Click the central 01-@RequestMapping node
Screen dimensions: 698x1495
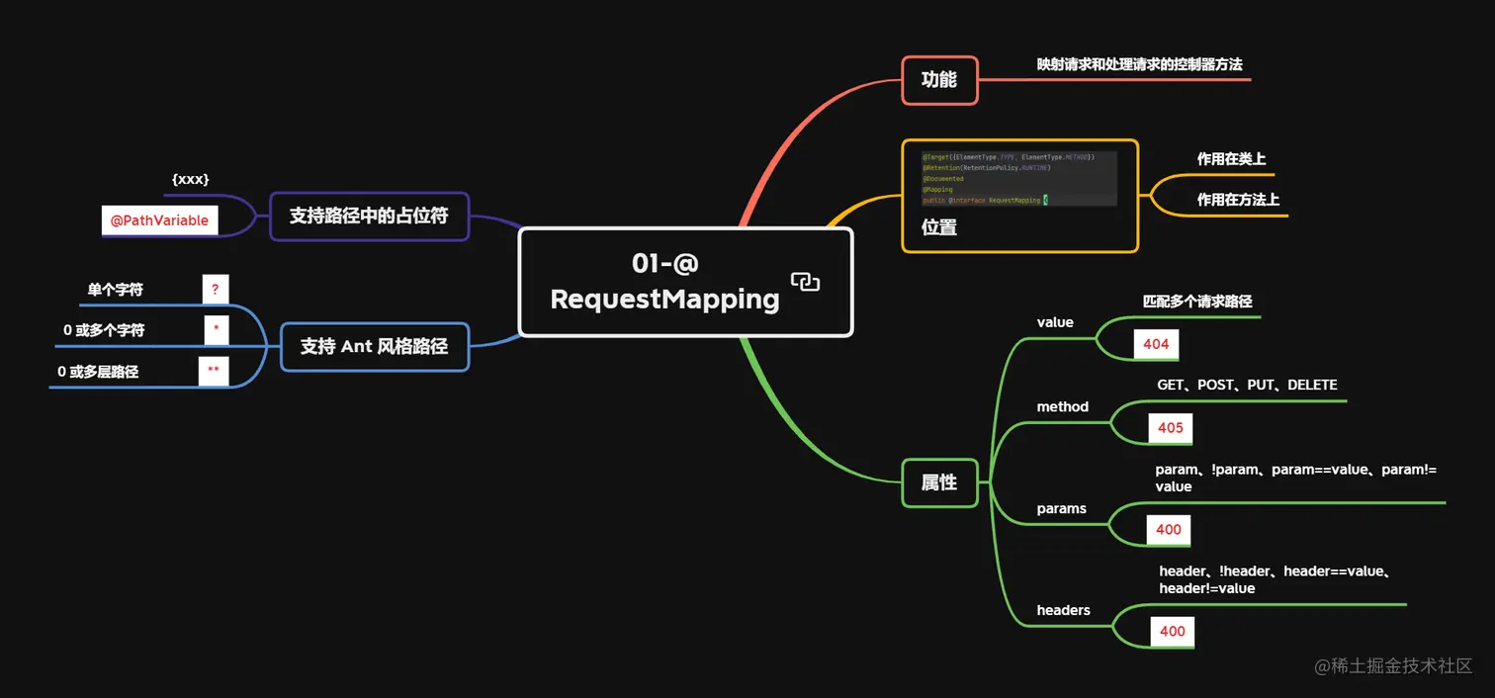coord(664,282)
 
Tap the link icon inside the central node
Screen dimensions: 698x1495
coord(805,282)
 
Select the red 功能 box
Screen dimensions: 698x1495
coord(939,80)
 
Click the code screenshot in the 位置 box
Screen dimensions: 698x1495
coord(1018,178)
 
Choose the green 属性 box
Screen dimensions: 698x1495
coord(939,482)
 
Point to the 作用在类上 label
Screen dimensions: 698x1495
coord(1231,159)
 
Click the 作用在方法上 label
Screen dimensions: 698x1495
coord(1238,200)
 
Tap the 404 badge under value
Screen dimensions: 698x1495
coord(1156,344)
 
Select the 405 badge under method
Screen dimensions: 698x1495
coord(1170,428)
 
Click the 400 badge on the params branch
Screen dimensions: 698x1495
coord(1169,529)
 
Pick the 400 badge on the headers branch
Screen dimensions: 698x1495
coord(1172,631)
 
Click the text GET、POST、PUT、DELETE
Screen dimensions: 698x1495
coord(1247,385)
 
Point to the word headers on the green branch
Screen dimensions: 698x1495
coord(1063,610)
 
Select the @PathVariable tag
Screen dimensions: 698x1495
coord(159,220)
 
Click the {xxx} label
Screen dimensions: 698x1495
coord(190,179)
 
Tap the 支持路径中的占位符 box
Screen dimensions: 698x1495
coord(369,216)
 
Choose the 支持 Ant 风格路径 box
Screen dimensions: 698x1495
coord(374,346)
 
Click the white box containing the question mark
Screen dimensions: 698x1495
coord(216,289)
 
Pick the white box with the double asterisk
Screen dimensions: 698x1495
coord(214,371)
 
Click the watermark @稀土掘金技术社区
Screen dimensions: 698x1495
coord(1393,665)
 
